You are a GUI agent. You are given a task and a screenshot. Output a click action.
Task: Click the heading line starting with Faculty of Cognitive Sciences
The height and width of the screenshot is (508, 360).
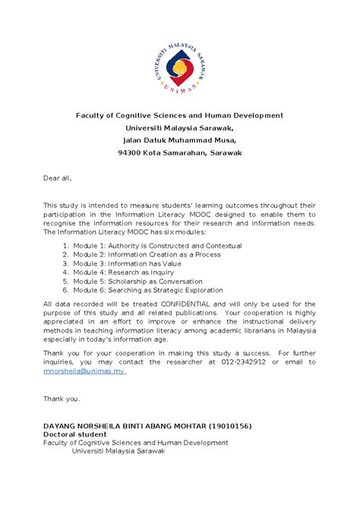click(179, 115)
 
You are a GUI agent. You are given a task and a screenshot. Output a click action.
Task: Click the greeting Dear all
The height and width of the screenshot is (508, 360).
click(57, 178)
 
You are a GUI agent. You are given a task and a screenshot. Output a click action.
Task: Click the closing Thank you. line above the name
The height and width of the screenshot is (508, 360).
click(61, 399)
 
